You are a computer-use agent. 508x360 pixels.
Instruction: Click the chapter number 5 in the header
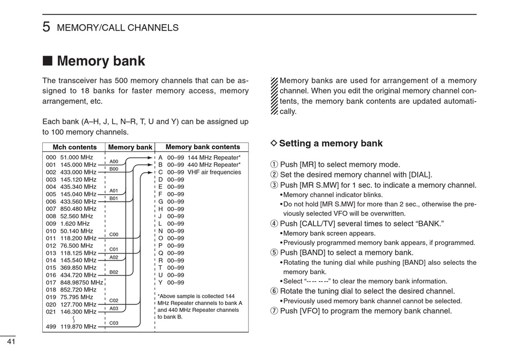(47, 27)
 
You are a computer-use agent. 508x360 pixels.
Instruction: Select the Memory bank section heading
(101, 61)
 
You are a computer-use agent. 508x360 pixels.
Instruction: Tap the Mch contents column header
(74, 147)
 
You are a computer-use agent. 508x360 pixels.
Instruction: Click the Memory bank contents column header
(203, 147)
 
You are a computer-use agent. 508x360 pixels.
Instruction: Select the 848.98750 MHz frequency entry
(81, 282)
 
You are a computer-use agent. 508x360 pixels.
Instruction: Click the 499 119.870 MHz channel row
(71, 326)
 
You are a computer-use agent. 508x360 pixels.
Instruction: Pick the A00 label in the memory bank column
(114, 162)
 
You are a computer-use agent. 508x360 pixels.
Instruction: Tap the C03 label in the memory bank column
(114, 323)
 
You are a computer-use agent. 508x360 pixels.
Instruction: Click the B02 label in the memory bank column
(114, 272)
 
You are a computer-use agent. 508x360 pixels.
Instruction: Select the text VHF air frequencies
(214, 172)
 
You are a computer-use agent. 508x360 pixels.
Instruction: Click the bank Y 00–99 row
(171, 282)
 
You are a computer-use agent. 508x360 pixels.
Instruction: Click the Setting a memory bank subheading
(330, 143)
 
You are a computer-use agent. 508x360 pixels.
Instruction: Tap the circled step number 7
(274, 311)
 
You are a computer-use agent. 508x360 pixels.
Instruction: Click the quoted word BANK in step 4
(430, 224)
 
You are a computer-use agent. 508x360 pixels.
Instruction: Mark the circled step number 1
(274, 165)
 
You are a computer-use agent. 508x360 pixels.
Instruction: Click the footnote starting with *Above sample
(199, 307)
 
